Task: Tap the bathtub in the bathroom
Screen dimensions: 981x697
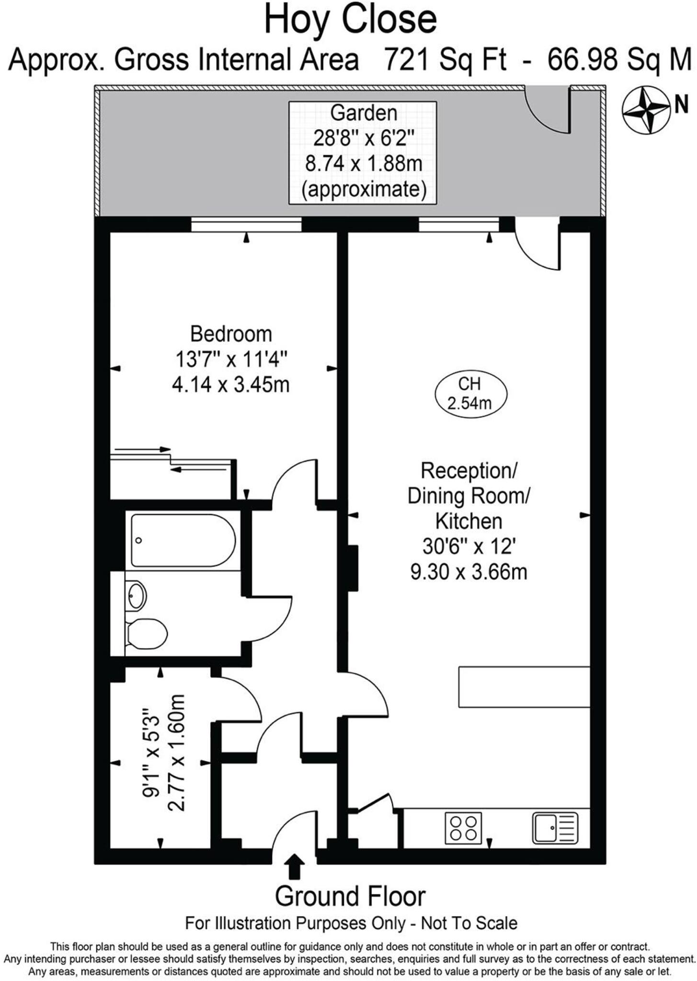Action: click(x=183, y=540)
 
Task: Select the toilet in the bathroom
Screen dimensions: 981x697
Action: click(x=147, y=633)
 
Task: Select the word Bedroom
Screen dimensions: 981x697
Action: click(x=231, y=334)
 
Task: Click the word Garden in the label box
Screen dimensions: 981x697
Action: click(x=364, y=113)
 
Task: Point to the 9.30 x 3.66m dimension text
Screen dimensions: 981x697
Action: click(x=469, y=572)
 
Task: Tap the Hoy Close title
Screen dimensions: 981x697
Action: click(x=350, y=19)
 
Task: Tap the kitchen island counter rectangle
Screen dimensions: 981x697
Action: click(x=524, y=687)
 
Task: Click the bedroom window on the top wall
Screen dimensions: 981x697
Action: click(x=246, y=224)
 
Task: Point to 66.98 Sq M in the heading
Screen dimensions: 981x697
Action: click(x=620, y=61)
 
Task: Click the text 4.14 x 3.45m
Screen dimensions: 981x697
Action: click(x=230, y=385)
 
